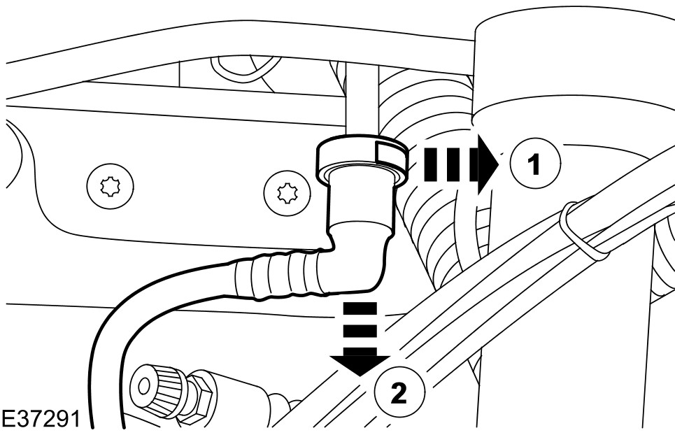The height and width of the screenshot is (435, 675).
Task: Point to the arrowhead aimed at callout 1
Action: [485, 164]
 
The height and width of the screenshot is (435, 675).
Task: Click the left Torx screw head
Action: [112, 187]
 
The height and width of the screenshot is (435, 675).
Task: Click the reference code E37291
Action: [40, 420]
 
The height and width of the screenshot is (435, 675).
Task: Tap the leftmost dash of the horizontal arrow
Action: [427, 165]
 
